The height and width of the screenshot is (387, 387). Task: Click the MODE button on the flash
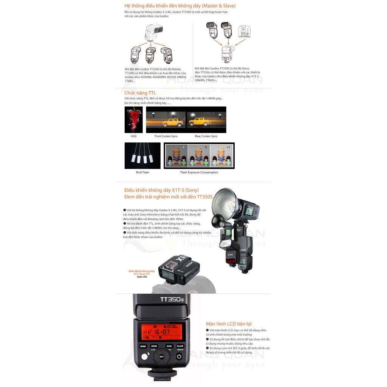(x=143, y=346)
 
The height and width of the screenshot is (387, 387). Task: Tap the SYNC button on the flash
(x=169, y=346)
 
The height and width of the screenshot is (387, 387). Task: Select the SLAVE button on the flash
(x=180, y=346)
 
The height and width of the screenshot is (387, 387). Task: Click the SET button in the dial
(x=161, y=356)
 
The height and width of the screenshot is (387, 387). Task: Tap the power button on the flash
(x=180, y=356)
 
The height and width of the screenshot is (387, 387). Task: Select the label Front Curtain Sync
(x=166, y=136)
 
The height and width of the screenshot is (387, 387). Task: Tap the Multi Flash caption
(x=142, y=172)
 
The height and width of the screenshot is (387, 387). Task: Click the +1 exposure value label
(x=228, y=147)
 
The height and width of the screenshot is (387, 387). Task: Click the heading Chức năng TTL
(x=140, y=93)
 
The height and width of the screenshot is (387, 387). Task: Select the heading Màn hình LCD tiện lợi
(x=229, y=324)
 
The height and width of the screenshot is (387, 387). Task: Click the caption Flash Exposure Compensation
(x=199, y=172)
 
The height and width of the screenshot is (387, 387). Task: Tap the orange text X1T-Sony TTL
(x=142, y=274)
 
